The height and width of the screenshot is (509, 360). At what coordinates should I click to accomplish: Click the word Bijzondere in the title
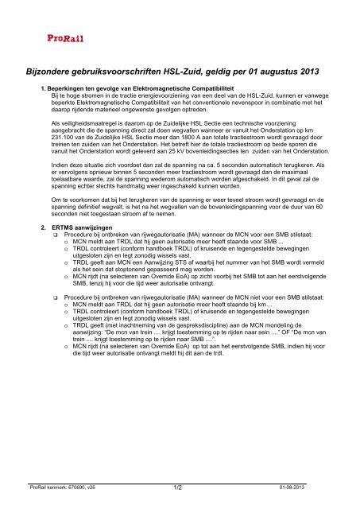(x=52, y=72)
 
